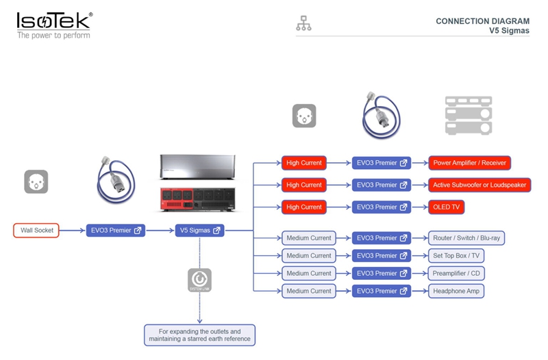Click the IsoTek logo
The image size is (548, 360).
click(x=55, y=25)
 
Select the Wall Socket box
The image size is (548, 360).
click(x=36, y=231)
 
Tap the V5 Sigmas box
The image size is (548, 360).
click(x=199, y=231)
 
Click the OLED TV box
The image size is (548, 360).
click(x=447, y=207)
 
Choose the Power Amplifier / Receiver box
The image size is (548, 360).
click(x=469, y=163)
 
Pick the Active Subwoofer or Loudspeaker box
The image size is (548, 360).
click(x=480, y=185)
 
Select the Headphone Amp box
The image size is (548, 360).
click(x=456, y=291)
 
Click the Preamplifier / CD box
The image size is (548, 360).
click(x=456, y=273)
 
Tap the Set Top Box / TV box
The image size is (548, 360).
click(x=456, y=255)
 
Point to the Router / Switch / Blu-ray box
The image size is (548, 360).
click(x=466, y=238)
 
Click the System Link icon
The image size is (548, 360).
click(x=199, y=280)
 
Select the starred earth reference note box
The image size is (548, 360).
click(x=199, y=335)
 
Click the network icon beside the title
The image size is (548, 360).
click(x=303, y=23)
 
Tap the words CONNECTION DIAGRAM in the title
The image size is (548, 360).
click(x=482, y=21)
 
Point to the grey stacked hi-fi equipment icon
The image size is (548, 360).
click(x=469, y=116)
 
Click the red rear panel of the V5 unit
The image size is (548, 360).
click(x=197, y=200)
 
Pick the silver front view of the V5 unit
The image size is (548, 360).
click(x=197, y=167)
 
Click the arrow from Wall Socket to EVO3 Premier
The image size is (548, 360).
click(x=73, y=231)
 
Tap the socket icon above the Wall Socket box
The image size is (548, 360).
click(x=36, y=181)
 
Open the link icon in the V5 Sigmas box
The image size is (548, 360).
click(x=216, y=231)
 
